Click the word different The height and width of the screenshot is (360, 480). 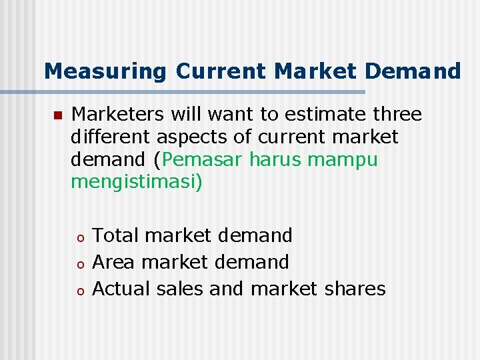(x=111, y=137)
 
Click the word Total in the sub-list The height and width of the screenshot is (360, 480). (x=116, y=235)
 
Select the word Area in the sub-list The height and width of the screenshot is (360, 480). (x=114, y=262)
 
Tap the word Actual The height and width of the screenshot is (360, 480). (x=121, y=289)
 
